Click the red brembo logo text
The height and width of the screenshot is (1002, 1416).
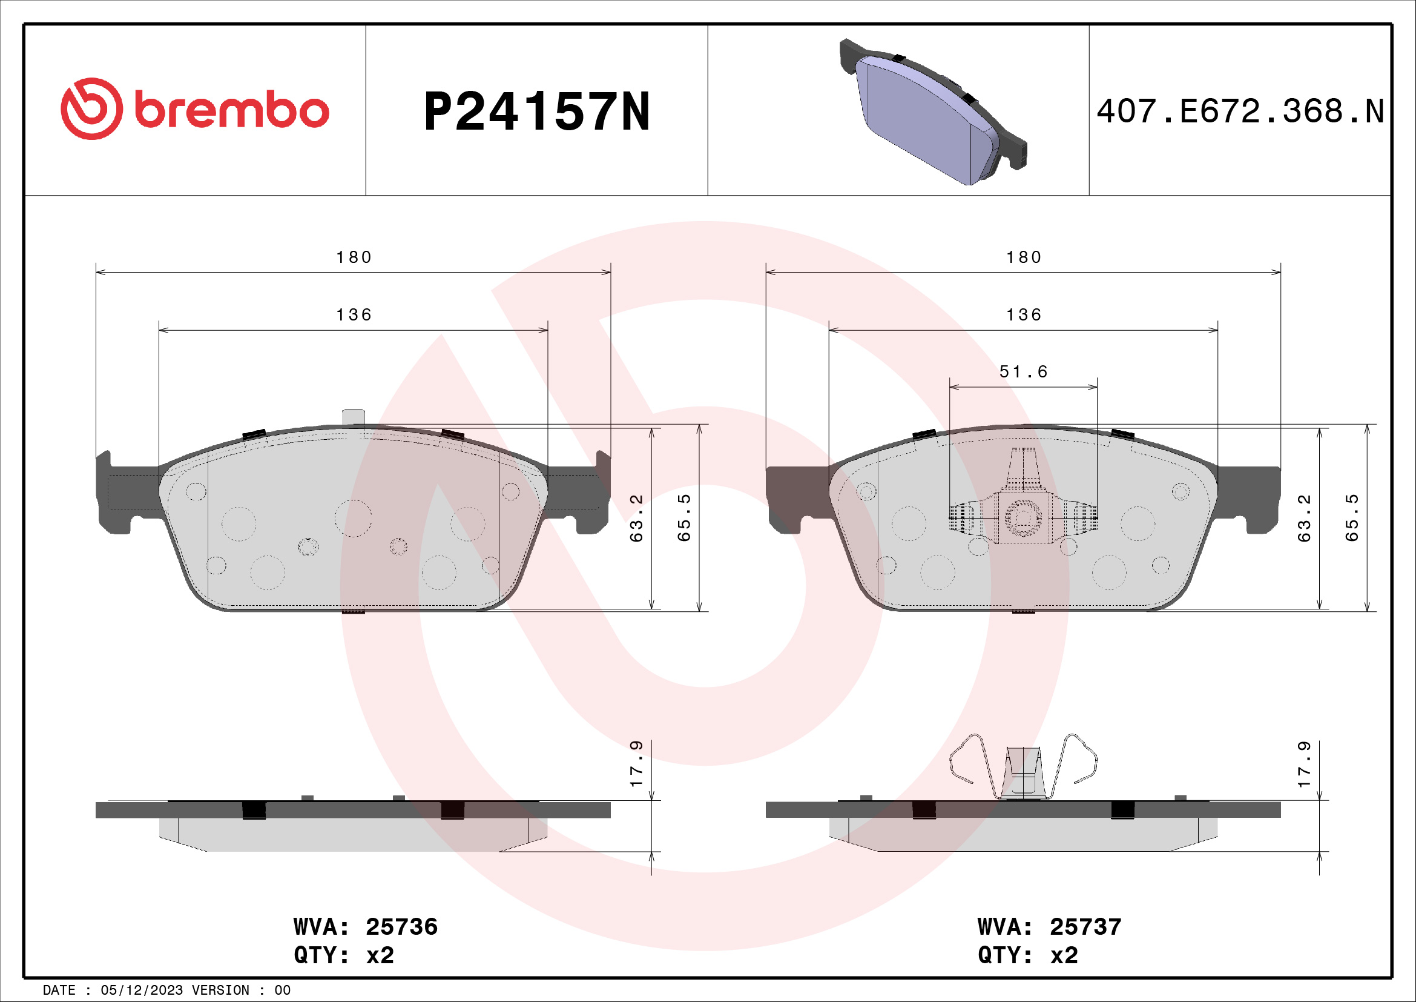tap(231, 111)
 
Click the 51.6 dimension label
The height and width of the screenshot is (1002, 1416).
tap(1023, 371)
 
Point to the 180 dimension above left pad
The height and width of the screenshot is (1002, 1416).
tap(354, 257)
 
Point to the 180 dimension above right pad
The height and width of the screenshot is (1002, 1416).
tap(1024, 257)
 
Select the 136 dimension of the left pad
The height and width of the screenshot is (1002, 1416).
tap(354, 314)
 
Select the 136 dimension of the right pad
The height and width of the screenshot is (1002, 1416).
tap(1024, 314)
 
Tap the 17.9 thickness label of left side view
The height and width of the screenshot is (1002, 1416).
tap(636, 764)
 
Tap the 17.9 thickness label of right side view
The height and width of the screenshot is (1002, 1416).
tap(1304, 764)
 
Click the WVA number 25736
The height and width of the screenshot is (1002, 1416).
tap(401, 927)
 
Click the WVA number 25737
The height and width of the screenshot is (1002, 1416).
tap(1085, 927)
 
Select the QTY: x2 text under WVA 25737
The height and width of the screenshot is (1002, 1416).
tap(1027, 955)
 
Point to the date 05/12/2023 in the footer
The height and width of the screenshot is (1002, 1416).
tap(142, 990)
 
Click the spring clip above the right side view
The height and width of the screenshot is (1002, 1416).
tap(1023, 768)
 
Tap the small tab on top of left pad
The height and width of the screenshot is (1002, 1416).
tap(354, 416)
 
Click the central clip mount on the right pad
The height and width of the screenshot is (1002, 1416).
tap(1023, 515)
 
